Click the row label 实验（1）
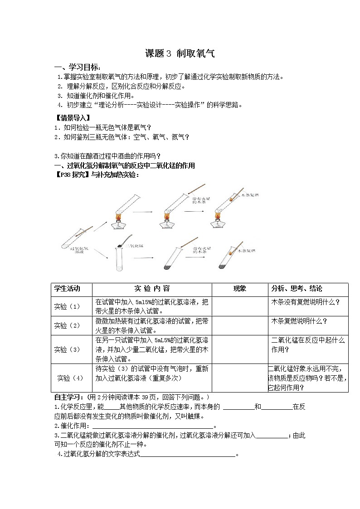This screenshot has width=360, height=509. tap(67, 306)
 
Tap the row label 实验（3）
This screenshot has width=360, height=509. tap(67, 349)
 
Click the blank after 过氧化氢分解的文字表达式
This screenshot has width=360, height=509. tap(188, 455)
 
